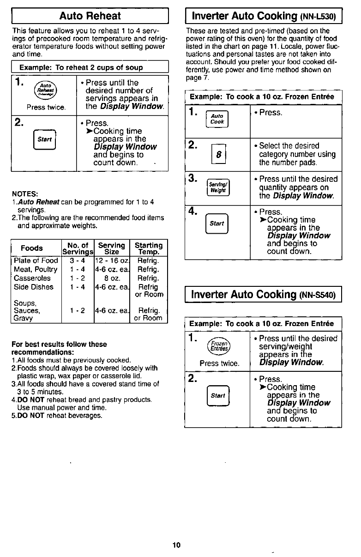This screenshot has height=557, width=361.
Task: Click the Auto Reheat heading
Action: tap(90, 16)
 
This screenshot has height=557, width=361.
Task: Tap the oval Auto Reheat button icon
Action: tap(44, 88)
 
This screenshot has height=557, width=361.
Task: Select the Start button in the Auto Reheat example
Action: tap(45, 139)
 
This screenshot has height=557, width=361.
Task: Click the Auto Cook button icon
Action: tap(217, 119)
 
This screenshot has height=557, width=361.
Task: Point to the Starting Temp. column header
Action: tap(148, 248)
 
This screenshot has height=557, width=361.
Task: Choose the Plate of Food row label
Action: tap(36, 261)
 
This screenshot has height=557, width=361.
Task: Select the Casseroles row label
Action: tap(32, 278)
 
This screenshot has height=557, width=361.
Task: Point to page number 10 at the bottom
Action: tap(176, 545)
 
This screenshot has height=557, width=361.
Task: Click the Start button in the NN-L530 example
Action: tap(217, 223)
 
